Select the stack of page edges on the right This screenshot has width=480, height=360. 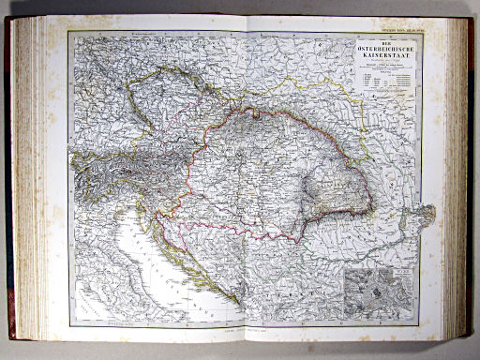coord(457,178)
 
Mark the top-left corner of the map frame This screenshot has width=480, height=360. coord(68,33)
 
